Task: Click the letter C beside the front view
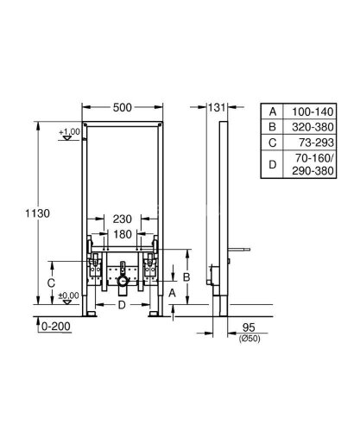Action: [x=51, y=282]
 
